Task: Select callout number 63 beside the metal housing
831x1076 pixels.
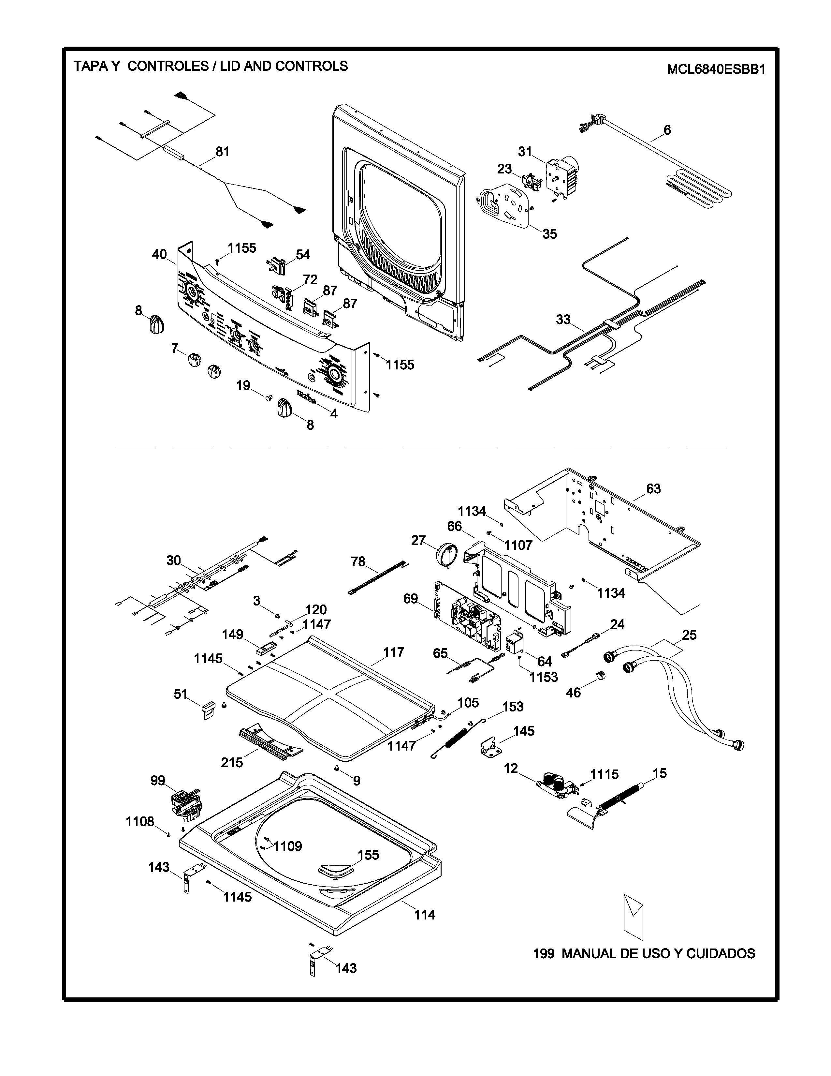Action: point(653,489)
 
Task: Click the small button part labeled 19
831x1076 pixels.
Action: point(269,396)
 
